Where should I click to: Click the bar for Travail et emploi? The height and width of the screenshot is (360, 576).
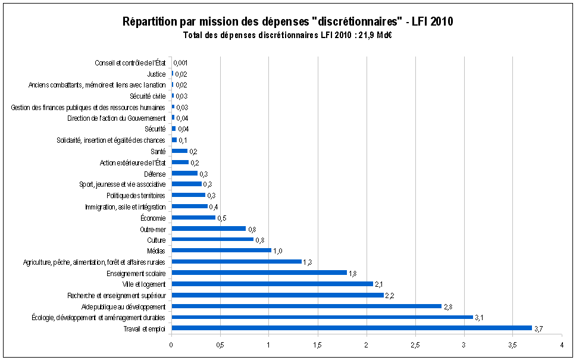[351, 328]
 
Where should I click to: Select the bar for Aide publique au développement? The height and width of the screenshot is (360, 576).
[306, 306]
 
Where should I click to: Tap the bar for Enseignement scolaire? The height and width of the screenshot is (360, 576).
[259, 273]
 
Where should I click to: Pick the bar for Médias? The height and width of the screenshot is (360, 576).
[221, 251]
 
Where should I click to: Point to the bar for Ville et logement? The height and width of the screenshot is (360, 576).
[272, 284]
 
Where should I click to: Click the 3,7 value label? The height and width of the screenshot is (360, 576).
[539, 328]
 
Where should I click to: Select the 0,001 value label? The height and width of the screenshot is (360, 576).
[181, 63]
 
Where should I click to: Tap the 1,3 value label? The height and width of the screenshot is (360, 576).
[308, 262]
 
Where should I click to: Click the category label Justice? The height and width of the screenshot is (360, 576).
[156, 74]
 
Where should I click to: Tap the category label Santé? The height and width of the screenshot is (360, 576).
[159, 151]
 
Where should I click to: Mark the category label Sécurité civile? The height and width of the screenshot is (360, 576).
[148, 96]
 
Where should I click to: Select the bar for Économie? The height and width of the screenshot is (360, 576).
[193, 217]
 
